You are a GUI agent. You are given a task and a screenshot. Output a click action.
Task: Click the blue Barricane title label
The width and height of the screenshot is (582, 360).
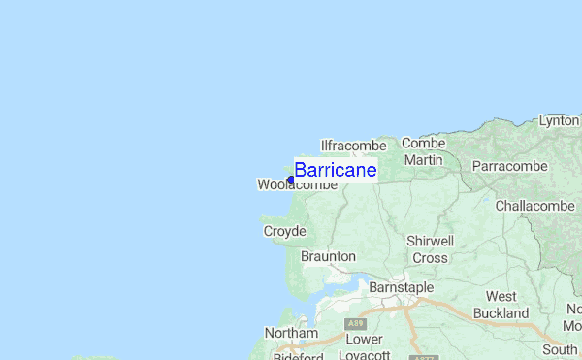coord(335,170)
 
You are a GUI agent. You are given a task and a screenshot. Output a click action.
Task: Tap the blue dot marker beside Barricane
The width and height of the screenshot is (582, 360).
coord(290,180)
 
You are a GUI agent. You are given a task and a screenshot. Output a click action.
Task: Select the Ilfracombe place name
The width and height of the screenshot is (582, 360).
coord(353,146)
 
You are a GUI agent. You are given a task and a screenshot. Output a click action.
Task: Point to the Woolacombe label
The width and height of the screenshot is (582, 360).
coord(297,184)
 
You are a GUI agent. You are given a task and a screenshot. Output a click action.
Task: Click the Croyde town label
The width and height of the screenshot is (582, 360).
coord(284,231)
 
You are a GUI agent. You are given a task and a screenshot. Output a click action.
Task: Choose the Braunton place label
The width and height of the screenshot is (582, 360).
coord(328,256)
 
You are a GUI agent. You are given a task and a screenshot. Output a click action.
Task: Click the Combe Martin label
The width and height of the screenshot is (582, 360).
coord(423,151)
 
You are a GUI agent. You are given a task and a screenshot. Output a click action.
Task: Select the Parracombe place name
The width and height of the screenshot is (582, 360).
coord(510,166)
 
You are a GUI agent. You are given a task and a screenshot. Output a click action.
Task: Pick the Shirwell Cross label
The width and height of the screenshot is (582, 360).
coord(430,249)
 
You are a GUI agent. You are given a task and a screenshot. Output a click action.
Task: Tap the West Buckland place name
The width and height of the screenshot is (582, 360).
coord(501,305)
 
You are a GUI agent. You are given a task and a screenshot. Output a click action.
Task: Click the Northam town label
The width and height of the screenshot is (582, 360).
coord(291,333)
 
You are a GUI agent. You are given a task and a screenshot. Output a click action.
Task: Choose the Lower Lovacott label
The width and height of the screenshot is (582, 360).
coord(364,347)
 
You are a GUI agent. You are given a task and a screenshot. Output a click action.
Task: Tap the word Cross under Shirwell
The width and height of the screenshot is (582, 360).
coord(430,258)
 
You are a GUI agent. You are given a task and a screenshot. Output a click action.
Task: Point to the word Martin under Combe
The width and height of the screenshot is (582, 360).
coord(423,160)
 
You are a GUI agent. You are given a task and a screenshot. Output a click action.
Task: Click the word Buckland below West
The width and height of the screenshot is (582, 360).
coord(501,313)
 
